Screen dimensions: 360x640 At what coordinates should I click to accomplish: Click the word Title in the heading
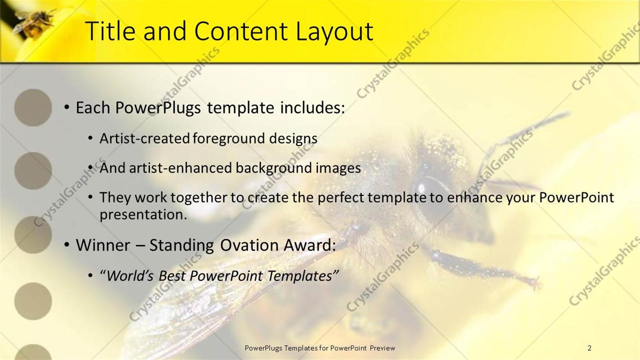[111, 31]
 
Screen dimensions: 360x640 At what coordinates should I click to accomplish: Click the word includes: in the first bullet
[312, 108]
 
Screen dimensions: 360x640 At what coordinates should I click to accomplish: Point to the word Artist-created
[144, 138]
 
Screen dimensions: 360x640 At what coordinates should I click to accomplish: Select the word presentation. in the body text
[143, 214]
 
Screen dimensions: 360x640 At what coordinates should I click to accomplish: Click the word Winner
[103, 245]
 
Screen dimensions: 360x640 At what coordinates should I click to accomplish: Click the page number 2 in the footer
[589, 348]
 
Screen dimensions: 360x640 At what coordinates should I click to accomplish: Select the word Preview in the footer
[382, 348]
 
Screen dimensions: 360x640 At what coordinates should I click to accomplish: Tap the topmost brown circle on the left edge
[33, 108]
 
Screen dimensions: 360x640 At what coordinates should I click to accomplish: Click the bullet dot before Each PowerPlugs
[67, 108]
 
